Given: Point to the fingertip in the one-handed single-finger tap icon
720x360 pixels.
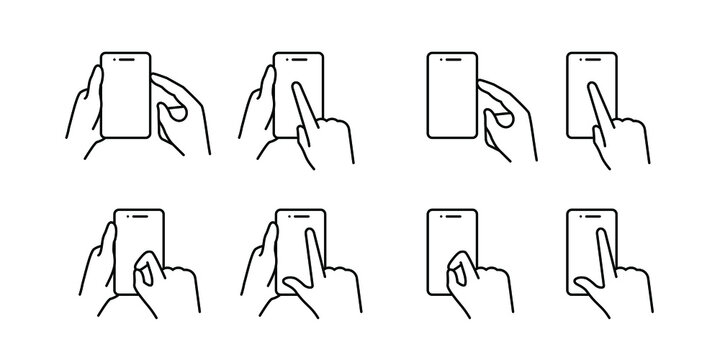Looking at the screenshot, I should click(589, 86).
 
